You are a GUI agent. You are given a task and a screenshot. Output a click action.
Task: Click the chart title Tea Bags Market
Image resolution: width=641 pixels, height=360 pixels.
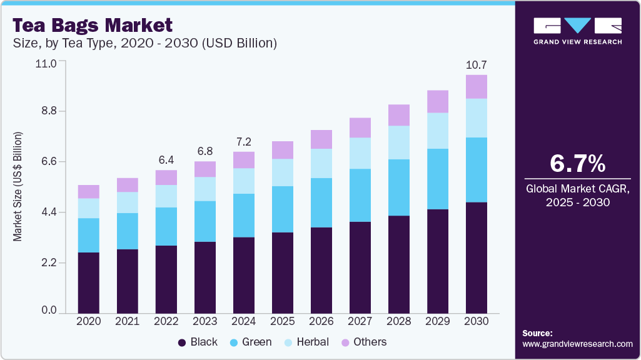tap(93, 26)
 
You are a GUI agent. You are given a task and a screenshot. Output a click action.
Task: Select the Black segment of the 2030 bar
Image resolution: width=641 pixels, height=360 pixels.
tap(477, 257)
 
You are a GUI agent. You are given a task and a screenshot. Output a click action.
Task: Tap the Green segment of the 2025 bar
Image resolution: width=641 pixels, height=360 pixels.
tap(283, 209)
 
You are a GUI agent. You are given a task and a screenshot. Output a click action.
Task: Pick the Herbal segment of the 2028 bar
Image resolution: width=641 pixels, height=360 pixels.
tap(399, 142)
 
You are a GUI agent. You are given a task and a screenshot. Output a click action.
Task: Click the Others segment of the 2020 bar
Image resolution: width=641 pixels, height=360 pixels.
tap(89, 191)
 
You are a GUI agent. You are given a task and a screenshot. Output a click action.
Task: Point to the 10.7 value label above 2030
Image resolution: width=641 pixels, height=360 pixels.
tap(477, 65)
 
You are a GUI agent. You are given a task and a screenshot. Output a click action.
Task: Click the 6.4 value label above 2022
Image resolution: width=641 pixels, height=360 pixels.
tap(166, 160)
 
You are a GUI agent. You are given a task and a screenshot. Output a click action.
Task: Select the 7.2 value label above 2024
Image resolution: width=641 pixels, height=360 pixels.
tap(244, 142)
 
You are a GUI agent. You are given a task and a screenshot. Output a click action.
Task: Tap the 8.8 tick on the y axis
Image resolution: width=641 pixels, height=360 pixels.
tap(49, 111)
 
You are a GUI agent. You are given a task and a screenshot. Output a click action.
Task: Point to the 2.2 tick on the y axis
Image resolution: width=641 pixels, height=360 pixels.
tap(49, 263)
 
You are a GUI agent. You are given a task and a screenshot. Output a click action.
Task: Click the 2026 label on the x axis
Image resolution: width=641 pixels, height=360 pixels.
tap(321, 321)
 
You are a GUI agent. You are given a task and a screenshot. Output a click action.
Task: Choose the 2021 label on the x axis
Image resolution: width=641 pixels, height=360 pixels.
tap(128, 321)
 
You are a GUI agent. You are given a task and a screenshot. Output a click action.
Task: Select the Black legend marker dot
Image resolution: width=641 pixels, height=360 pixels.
tap(182, 342)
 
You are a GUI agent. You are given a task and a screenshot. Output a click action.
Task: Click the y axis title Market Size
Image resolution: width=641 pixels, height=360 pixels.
tap(18, 187)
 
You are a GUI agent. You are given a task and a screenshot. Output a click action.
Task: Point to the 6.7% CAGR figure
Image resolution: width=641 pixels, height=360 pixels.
tap(577, 164)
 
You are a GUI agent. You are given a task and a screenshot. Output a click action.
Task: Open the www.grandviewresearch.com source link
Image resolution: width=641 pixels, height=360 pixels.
tap(577, 344)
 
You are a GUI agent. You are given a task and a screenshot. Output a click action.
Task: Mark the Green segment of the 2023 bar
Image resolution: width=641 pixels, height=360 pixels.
tap(205, 221)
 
